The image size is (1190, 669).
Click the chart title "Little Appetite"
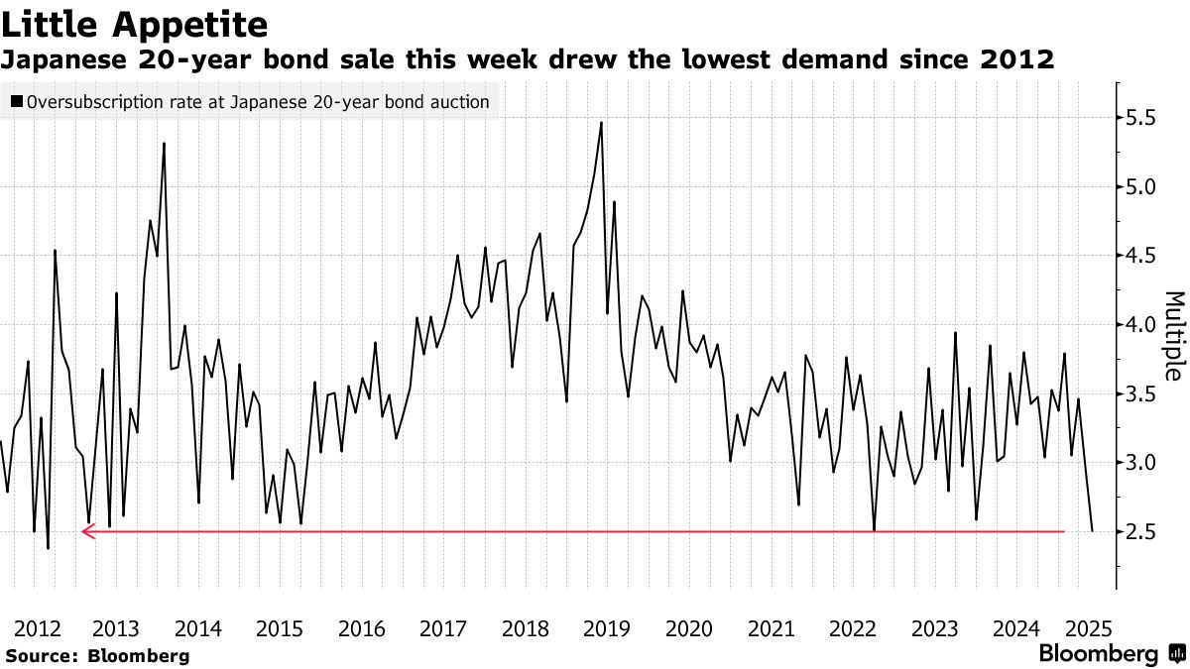tap(135, 23)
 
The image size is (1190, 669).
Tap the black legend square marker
tap(17, 101)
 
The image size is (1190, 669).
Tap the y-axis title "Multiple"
tap(1173, 336)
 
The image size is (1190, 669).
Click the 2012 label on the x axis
tap(35, 627)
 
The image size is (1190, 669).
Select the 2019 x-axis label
tap(607, 627)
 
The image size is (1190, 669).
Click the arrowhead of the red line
tap(87, 532)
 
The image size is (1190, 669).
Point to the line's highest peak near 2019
tap(601, 123)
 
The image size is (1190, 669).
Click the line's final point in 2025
tap(1092, 531)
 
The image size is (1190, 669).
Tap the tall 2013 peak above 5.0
tap(164, 144)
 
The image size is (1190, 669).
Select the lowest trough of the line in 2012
tap(48, 548)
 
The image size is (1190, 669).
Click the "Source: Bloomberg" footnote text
tap(97, 655)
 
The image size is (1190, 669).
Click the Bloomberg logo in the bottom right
tap(1112, 654)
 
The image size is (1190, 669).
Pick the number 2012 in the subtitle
tap(1017, 60)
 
